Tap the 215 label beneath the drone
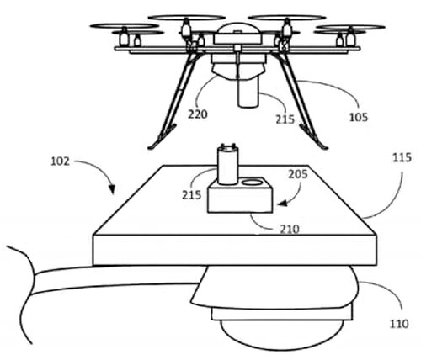(285, 119)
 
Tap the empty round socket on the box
(253, 182)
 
